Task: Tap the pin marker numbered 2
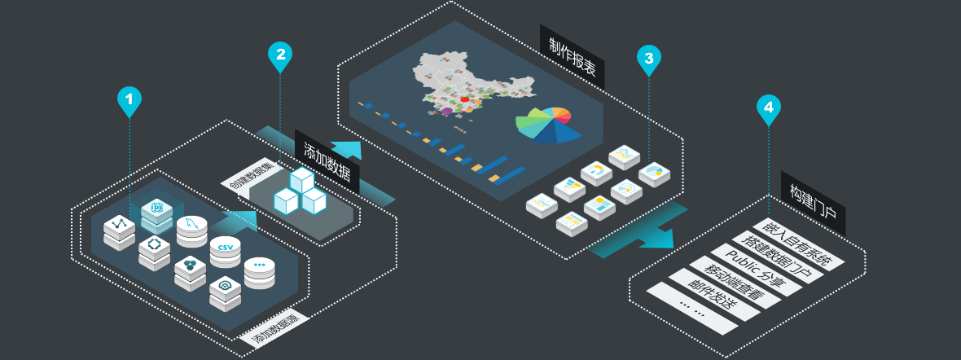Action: click(280, 55)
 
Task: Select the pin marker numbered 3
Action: click(648, 59)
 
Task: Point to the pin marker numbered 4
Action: click(769, 108)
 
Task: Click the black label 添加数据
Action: click(327, 160)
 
